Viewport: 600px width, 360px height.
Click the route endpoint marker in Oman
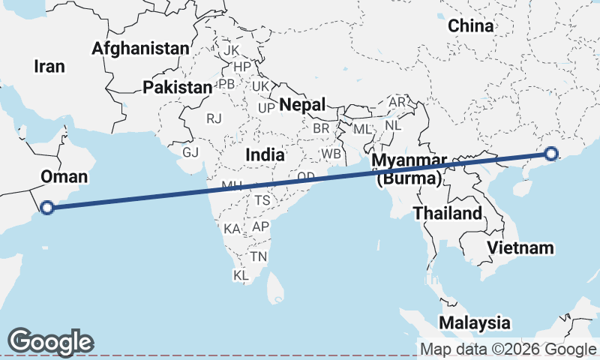47,208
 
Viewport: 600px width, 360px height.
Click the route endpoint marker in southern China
552,154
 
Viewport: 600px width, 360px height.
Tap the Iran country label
49,66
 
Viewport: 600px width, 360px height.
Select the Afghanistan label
140,49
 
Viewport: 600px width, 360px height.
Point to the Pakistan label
178,88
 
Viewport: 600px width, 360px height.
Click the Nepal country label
302,105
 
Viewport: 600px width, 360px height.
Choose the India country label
265,155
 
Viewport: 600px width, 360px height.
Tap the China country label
471,26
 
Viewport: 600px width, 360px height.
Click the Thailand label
448,213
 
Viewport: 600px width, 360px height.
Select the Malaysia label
474,323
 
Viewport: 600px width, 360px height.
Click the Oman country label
64,177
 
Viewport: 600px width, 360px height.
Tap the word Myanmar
409,162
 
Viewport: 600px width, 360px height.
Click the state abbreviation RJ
215,118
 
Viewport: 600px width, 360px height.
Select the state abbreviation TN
259,256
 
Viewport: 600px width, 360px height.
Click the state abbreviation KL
241,276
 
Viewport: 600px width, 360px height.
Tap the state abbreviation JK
231,50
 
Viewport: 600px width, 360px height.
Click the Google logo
50,341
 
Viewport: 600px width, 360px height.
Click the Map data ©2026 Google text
507,349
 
